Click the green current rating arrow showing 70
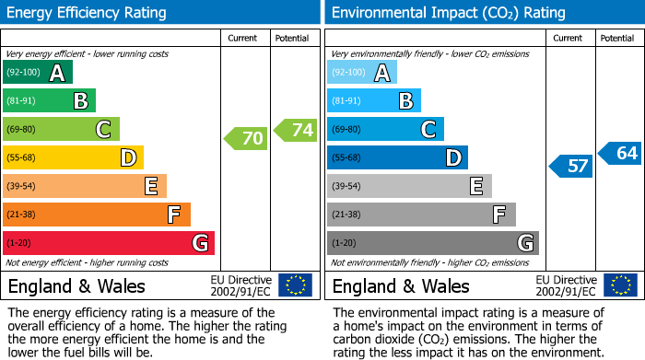pos(246,139)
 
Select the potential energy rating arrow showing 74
pos(296,130)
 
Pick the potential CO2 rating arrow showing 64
pos(620,153)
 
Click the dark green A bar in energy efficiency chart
pos(37,73)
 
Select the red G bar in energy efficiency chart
pos(108,243)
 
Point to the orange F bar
pos(96,215)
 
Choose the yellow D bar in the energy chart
pos(73,157)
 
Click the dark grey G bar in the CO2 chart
pos(432,243)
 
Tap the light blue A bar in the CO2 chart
pos(361,73)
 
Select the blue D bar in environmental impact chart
pos(397,157)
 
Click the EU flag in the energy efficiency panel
pos(295,285)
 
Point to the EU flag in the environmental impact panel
pos(619,285)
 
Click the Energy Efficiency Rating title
pos(88,13)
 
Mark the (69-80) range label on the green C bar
pos(22,130)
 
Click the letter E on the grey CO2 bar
pos(476,186)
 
